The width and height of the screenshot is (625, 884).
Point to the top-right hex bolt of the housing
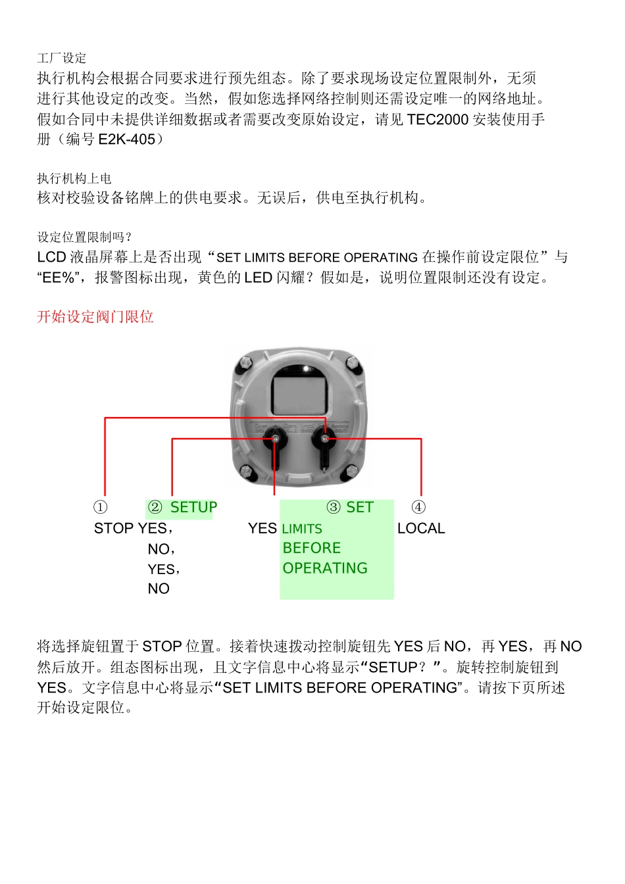353,362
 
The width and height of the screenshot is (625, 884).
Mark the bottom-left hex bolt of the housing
246,470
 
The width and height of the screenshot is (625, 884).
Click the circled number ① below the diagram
100,507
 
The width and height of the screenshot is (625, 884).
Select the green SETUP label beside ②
193,507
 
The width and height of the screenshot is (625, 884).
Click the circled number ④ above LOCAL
418,507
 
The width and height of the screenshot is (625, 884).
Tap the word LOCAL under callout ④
421,528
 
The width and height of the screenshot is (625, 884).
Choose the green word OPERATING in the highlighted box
325,568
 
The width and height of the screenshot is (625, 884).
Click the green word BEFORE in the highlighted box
311,548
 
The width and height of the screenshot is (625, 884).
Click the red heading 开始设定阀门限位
95,317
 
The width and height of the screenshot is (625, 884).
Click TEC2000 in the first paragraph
438,120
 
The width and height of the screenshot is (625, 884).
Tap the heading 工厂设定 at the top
62,58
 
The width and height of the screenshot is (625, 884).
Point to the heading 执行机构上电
74,178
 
